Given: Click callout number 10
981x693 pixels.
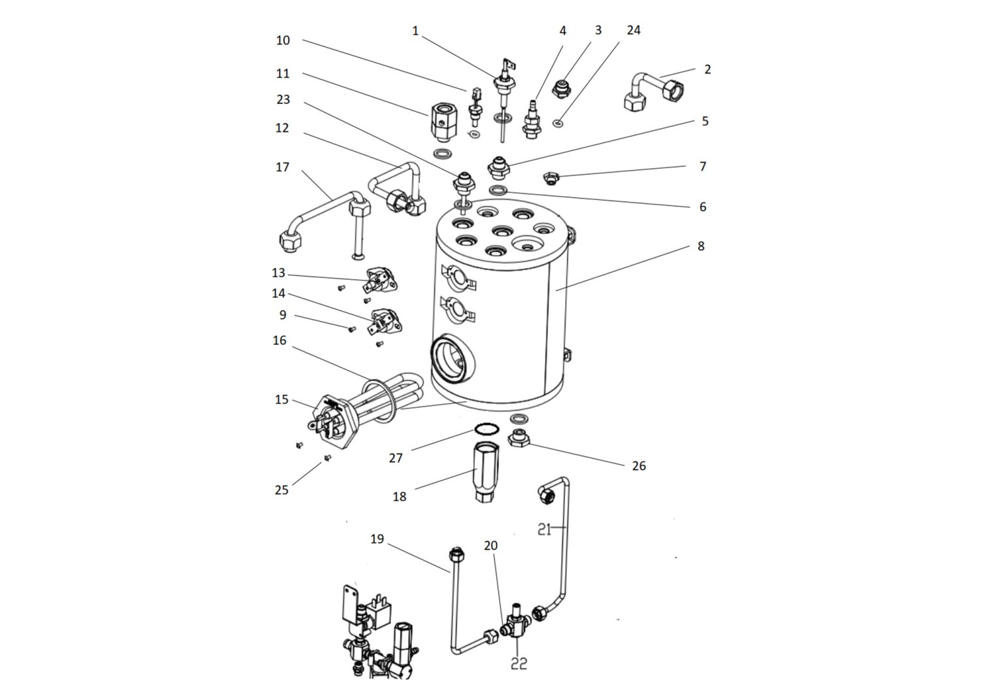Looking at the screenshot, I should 283,41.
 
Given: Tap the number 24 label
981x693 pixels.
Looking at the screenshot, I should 633,31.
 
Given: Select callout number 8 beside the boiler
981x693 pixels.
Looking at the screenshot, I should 700,246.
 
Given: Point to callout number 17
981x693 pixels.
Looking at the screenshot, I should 282,167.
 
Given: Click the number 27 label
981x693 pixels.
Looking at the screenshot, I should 396,458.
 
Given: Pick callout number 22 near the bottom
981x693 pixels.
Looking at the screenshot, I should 519,664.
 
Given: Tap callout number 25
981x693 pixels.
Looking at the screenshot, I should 281,490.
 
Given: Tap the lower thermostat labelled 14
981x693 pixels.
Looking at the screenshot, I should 387,322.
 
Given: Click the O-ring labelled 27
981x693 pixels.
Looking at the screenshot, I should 485,430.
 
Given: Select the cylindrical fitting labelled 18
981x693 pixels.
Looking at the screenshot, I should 485,471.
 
